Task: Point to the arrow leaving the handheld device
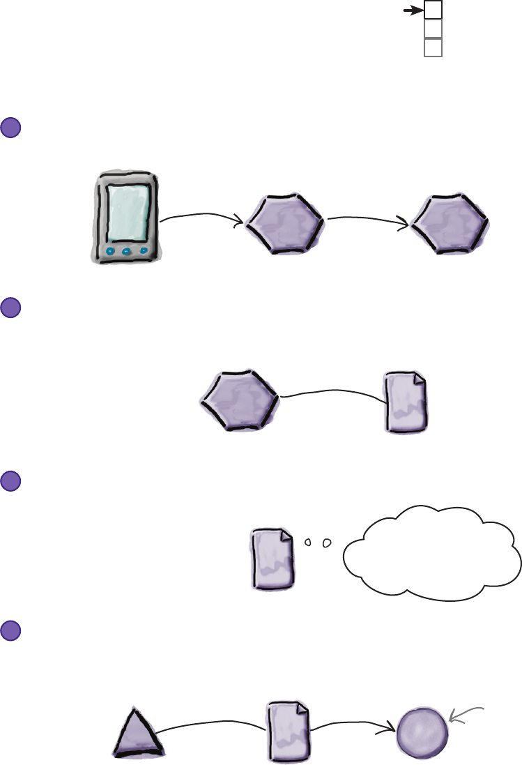(202, 218)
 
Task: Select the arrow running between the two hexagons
(368, 218)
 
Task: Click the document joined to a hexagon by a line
(406, 402)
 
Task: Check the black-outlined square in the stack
(433, 10)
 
